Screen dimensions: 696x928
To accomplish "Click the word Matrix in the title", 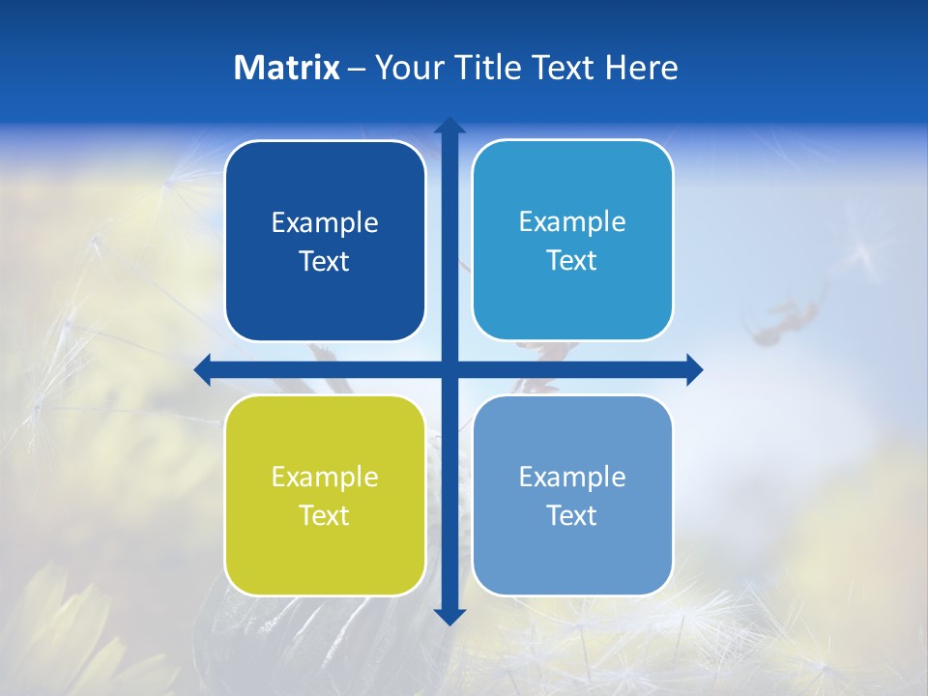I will tap(287, 68).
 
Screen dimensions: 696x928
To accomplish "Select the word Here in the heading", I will tap(641, 68).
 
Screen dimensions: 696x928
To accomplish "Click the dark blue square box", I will tap(325, 241).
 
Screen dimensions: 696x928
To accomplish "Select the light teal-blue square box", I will tap(572, 240).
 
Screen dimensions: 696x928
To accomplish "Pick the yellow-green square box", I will tap(325, 495).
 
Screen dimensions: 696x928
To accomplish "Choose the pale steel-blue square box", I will tap(572, 495).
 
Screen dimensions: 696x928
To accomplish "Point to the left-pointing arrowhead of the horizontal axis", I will tap(202, 369).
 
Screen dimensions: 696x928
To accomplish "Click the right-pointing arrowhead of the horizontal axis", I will tap(694, 369).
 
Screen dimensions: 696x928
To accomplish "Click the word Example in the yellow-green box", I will tap(325, 477).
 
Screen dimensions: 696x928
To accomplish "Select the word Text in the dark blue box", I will tap(325, 262).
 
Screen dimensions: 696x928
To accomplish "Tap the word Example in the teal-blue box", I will tap(572, 221).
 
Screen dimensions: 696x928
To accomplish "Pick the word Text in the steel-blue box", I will tap(572, 515).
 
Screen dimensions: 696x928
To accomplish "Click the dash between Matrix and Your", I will tap(356, 69).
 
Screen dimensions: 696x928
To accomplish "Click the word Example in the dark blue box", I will tap(325, 222).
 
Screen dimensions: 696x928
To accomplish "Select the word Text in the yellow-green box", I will tap(325, 515).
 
